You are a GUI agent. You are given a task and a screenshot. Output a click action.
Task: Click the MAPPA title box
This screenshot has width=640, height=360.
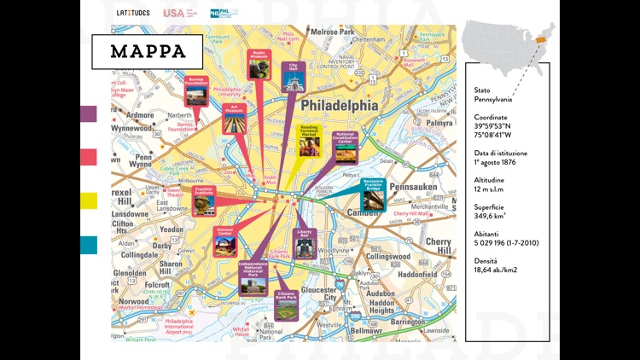[x=148, y=51]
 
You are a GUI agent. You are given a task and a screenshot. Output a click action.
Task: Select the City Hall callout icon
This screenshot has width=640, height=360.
[x=293, y=77]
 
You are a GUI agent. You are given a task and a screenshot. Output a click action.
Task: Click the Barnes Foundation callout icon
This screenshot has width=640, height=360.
[x=196, y=91]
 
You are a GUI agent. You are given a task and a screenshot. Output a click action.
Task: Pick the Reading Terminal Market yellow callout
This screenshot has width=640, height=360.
[x=310, y=141]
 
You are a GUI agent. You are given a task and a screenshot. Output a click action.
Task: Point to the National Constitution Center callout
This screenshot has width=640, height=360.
[x=345, y=149]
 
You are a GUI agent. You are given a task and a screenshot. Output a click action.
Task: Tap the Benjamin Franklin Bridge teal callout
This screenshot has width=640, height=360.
[x=373, y=195]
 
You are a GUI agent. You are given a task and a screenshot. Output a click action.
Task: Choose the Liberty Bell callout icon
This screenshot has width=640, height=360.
[x=305, y=244]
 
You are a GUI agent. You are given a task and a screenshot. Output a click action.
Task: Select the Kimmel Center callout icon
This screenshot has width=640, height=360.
[x=225, y=241]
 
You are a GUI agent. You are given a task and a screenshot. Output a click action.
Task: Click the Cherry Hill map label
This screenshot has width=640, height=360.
[x=442, y=246]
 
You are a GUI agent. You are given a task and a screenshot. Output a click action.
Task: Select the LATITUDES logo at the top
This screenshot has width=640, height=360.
[x=132, y=13]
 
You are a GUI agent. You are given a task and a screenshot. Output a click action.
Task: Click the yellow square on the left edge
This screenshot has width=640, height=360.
[x=89, y=200]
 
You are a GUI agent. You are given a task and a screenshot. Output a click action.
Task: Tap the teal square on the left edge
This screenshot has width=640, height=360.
[x=89, y=245]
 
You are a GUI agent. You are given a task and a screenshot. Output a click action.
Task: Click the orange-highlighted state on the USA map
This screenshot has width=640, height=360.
[x=539, y=38]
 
